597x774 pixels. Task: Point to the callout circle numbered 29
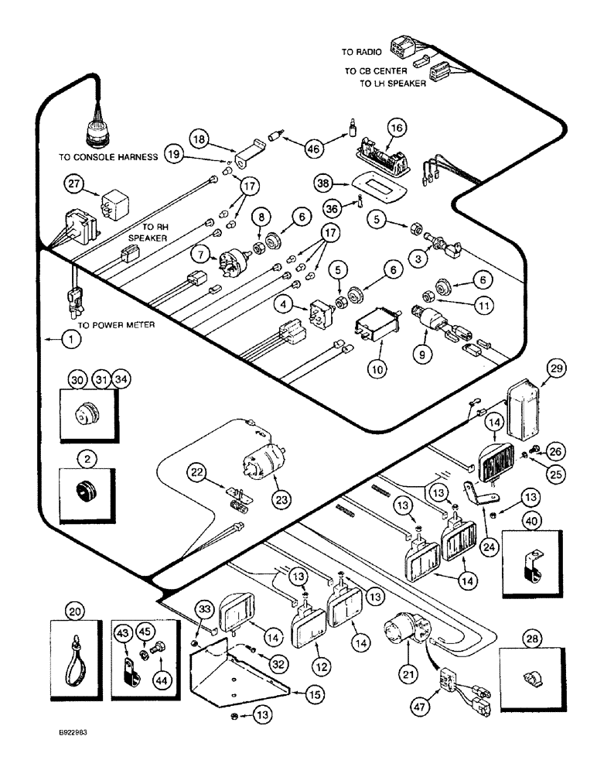coord(554,369)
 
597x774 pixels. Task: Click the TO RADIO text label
coord(357,52)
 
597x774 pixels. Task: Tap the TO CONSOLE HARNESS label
coord(108,156)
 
